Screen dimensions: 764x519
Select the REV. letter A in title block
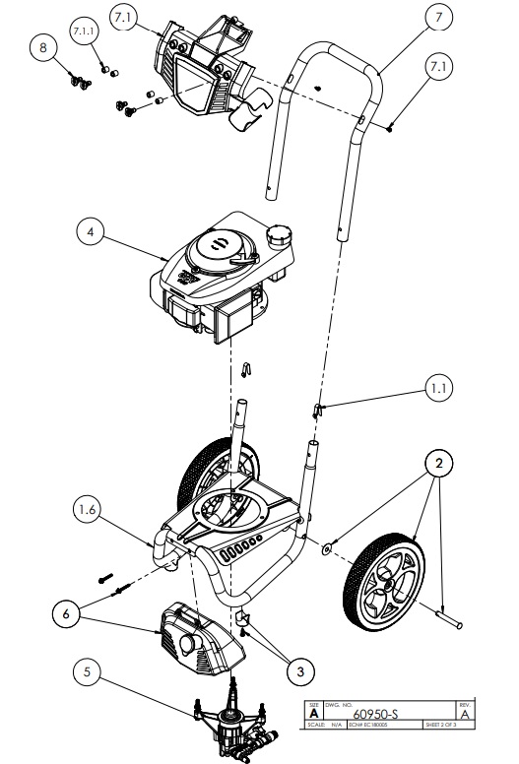tap(465, 714)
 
